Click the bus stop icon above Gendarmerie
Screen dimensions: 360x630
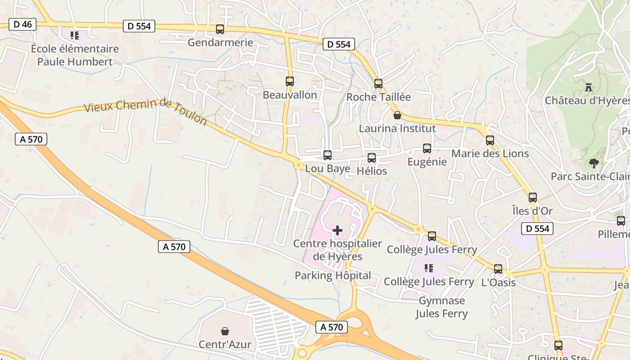click(220, 29)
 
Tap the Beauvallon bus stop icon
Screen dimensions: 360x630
click(290, 81)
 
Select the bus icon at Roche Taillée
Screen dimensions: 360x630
click(378, 83)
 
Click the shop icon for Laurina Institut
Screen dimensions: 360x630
click(397, 115)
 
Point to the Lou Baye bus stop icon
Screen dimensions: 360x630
click(328, 155)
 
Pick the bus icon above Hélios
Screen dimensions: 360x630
click(372, 158)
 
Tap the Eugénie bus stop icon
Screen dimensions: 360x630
click(427, 148)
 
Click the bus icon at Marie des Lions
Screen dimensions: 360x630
click(490, 140)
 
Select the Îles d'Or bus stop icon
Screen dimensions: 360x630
click(533, 197)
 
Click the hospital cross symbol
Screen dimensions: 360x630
click(337, 230)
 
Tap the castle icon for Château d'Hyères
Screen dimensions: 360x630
click(588, 87)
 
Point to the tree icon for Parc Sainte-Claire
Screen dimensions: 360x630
click(594, 163)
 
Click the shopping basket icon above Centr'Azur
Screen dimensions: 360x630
click(225, 331)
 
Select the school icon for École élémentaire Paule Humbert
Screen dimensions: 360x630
click(75, 35)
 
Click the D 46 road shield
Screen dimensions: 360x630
click(22, 24)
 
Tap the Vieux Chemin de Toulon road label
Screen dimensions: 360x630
click(145, 112)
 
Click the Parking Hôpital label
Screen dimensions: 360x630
click(333, 275)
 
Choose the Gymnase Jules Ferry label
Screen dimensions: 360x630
click(441, 307)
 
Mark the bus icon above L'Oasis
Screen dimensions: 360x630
click(498, 269)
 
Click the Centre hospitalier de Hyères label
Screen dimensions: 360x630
click(337, 250)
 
